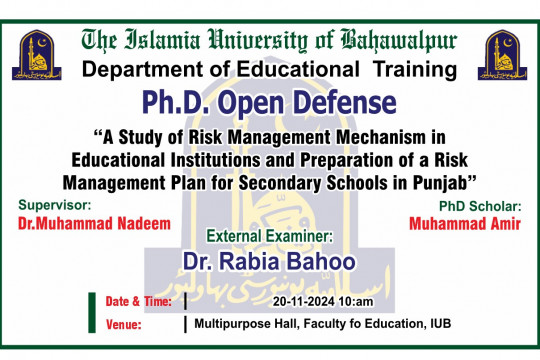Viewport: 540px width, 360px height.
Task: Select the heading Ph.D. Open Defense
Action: (x=270, y=103)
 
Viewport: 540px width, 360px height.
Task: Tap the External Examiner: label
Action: (x=269, y=237)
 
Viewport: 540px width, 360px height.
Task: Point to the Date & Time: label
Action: (x=138, y=301)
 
